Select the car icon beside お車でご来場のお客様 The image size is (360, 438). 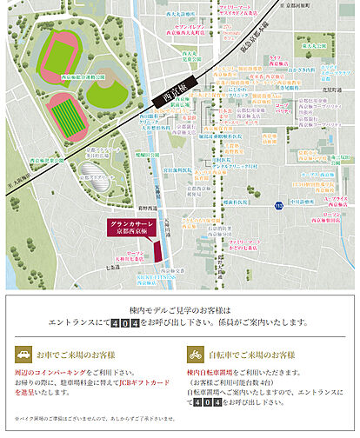click(x=22, y=355)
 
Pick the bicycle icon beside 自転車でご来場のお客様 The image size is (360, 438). click(x=195, y=355)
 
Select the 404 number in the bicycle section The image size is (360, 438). click(x=203, y=403)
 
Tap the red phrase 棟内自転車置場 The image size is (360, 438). click(x=210, y=372)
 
